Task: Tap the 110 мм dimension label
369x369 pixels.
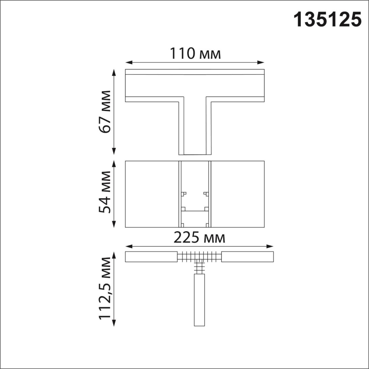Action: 195,54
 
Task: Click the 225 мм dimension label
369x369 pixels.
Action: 199,238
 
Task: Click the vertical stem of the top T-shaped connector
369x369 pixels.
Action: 195,127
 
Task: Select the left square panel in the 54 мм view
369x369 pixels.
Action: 152,194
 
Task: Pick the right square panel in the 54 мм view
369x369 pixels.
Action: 238,194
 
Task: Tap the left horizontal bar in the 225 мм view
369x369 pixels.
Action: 151,257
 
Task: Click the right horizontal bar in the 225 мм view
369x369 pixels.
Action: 247,257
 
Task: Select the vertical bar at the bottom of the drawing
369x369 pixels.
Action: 199,300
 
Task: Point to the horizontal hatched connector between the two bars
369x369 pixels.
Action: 199,256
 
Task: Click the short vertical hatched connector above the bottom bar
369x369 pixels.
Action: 199,268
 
